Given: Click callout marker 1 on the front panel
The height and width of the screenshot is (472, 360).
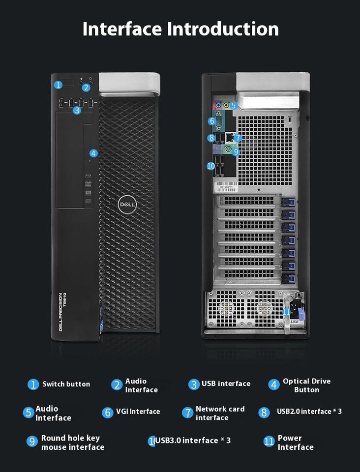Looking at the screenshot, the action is tap(59, 85).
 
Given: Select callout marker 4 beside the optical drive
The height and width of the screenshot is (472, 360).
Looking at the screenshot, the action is tap(93, 153).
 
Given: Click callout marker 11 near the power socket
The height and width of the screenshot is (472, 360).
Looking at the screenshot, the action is tap(287, 311).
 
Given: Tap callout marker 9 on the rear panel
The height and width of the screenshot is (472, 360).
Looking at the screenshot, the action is tap(236, 151).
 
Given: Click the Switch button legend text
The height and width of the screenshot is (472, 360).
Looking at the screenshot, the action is tap(66, 384).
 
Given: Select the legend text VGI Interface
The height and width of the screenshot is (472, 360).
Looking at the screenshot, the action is tap(138, 412).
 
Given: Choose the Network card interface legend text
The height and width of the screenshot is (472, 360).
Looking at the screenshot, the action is tap(220, 413).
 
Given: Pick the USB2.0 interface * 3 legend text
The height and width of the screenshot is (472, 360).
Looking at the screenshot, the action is tap(309, 412).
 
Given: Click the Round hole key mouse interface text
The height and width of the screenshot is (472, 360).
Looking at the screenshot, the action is tap(72, 442).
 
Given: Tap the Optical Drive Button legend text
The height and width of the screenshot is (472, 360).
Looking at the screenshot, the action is tap(306, 385).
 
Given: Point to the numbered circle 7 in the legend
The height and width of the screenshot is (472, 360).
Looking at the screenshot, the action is tap(187, 413).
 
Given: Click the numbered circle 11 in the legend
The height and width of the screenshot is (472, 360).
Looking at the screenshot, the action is tap(269, 442).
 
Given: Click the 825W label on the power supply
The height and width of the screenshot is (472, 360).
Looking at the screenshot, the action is tap(295, 321).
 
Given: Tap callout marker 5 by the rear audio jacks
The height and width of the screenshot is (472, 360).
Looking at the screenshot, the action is tap(234, 105).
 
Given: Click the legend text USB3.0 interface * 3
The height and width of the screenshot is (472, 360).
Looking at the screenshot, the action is tap(193, 441).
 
